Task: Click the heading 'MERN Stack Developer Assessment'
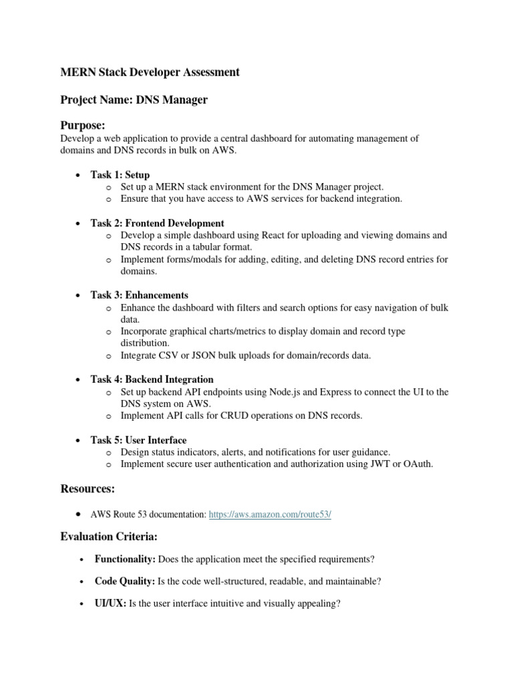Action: pos(150,72)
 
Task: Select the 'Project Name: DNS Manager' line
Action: pos(134,100)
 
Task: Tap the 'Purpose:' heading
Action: pos(83,126)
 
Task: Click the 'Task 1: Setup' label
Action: pos(120,175)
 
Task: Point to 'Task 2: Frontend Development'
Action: pos(158,223)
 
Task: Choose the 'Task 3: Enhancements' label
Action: pos(140,295)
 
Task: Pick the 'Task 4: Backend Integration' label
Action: pos(152,379)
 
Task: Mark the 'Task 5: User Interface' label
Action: pos(139,440)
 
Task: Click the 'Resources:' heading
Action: pos(88,490)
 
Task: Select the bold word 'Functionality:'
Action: pos(126,558)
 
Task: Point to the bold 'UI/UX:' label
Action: pos(110,604)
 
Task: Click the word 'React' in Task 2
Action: pos(272,235)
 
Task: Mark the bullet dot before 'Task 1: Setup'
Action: pos(79,175)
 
